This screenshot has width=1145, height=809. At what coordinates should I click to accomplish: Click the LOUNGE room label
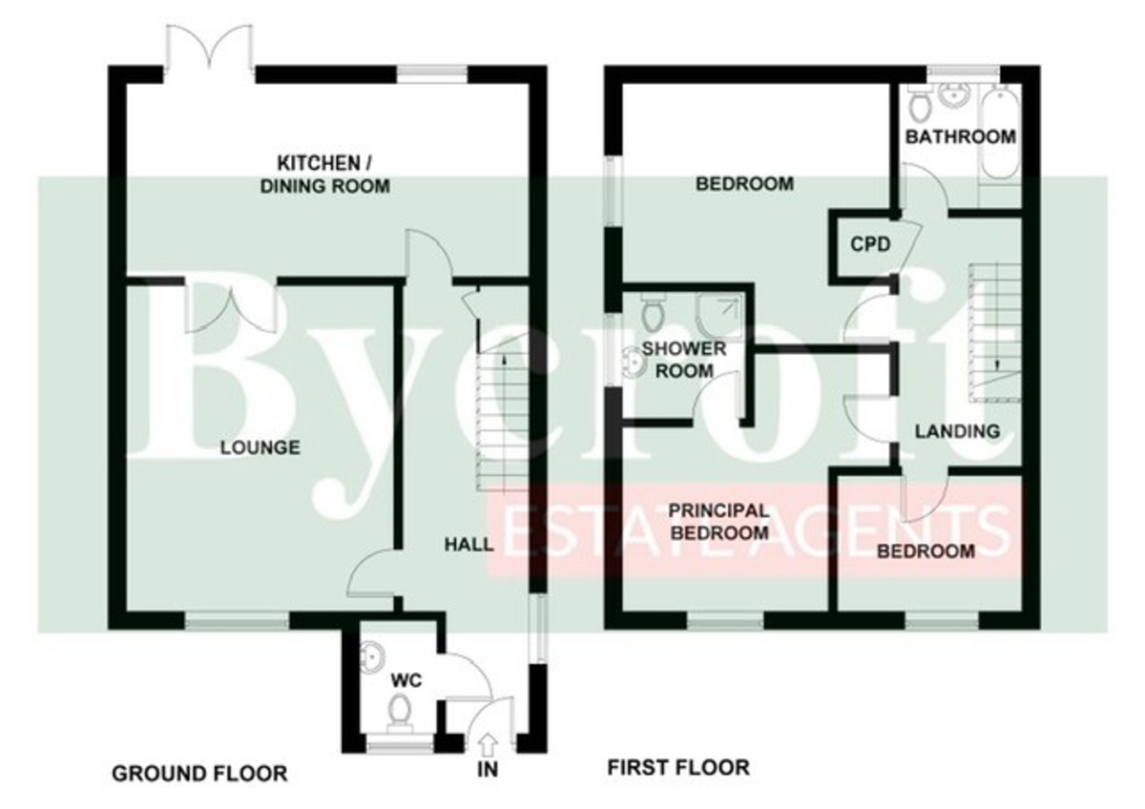[260, 447]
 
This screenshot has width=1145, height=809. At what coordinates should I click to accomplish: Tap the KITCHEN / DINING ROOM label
[325, 175]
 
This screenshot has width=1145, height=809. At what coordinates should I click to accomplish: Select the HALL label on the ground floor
[468, 545]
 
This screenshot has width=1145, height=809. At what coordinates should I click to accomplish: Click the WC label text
[406, 680]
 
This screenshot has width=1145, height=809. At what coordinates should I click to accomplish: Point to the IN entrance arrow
[489, 746]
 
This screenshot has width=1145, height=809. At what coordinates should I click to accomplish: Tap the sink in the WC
[371, 656]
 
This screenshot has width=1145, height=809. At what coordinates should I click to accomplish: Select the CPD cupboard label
[870, 244]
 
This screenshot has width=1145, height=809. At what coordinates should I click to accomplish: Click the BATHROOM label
[961, 136]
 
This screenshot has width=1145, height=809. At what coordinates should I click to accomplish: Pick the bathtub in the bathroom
[1000, 134]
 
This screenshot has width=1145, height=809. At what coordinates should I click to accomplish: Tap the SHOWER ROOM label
[684, 360]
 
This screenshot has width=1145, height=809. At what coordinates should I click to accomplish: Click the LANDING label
[957, 431]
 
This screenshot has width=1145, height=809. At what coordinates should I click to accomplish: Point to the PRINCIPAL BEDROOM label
[719, 521]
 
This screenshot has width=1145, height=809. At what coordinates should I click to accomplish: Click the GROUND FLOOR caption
[199, 774]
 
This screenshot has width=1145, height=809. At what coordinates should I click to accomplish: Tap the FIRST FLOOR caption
[678, 767]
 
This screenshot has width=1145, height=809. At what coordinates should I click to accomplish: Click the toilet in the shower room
[652, 313]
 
